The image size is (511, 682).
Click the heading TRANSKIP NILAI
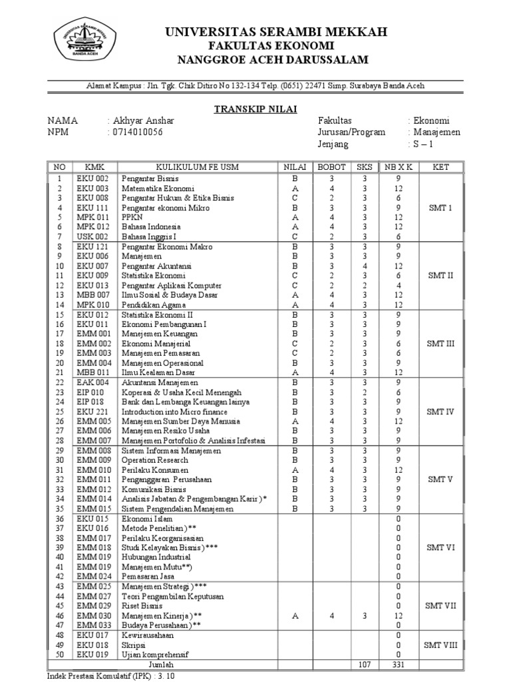tap(255, 109)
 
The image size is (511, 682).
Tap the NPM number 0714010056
tap(136, 132)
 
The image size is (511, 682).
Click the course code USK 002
tap(91, 236)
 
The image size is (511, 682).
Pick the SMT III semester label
tap(440, 343)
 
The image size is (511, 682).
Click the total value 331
tap(397, 664)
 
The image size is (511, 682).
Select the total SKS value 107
tap(363, 664)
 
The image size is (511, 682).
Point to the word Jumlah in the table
tap(161, 664)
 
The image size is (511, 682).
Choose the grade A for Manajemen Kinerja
tap(294, 616)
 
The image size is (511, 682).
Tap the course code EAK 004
tap(91, 383)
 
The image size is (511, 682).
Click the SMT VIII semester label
tap(440, 645)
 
